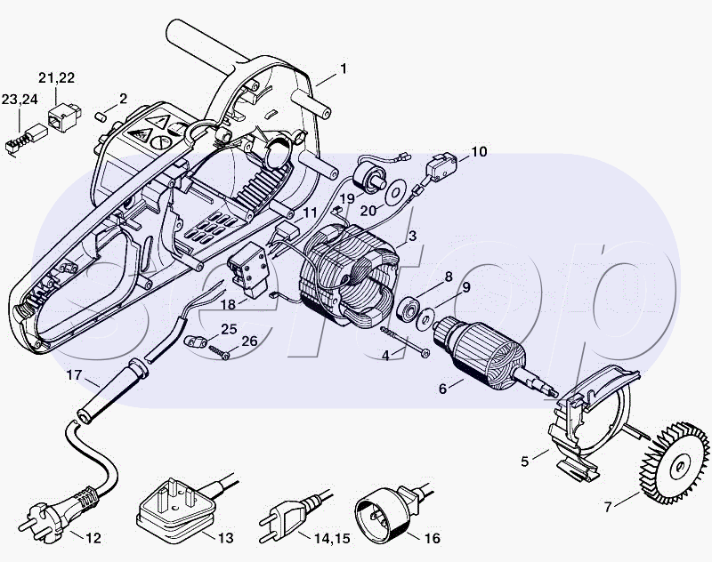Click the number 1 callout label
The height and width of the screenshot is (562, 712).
pos(344,68)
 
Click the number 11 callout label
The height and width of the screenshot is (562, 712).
pos(310,213)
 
